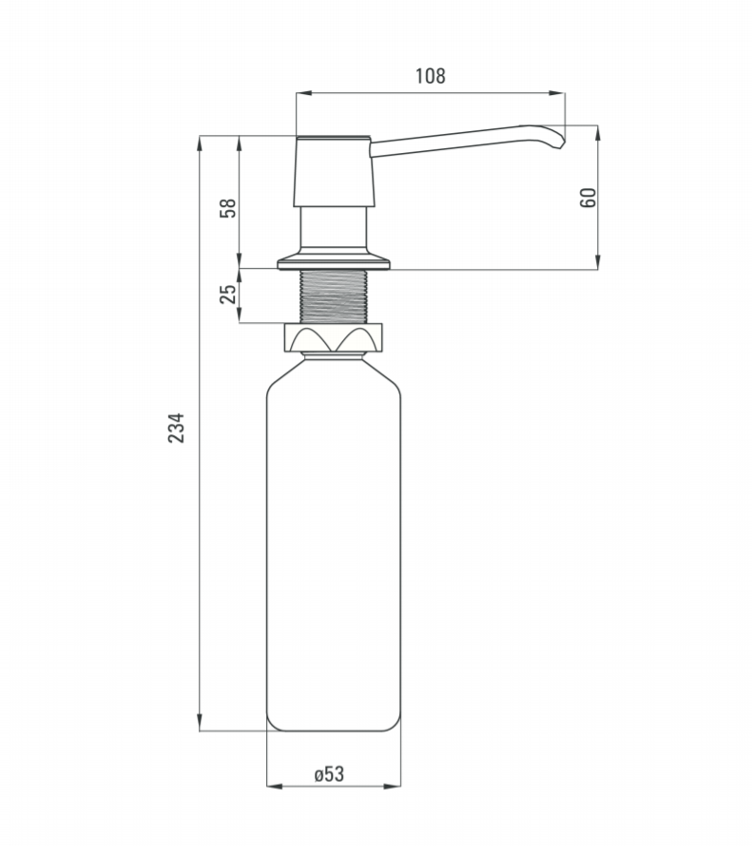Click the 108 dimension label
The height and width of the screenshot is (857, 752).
pos(431,76)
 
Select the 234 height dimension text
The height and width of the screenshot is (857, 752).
pos(176,428)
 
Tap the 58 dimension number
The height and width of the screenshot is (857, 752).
pos(228,208)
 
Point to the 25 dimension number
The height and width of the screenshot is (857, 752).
pos(228,294)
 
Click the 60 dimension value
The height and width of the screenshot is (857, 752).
pos(588,198)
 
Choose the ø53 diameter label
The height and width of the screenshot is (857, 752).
pos(329,774)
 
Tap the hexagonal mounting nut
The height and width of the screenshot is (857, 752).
pos(333,337)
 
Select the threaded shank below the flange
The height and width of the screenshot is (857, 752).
pos(334,295)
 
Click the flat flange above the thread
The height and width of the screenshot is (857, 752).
pos(334,263)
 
